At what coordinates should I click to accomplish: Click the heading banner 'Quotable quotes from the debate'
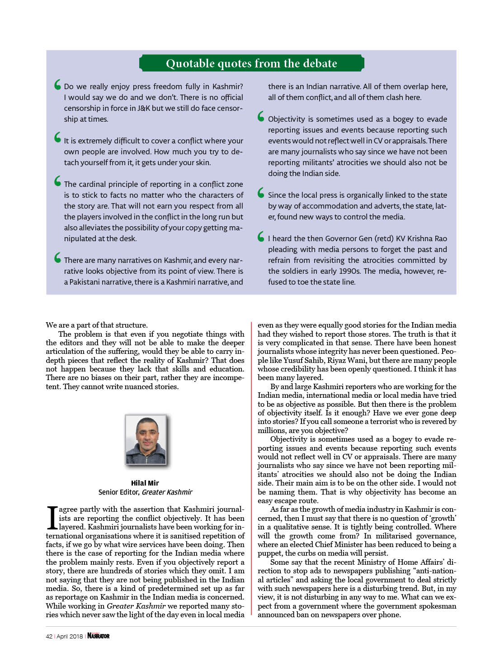(251, 63)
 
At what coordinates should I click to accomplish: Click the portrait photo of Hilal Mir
(146, 439)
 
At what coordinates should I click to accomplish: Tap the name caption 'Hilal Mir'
(145, 483)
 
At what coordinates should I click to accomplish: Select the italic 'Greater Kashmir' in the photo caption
(167, 492)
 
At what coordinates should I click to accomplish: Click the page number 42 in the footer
(49, 636)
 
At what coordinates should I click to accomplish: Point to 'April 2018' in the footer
(70, 636)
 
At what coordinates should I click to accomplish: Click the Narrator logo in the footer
(99, 636)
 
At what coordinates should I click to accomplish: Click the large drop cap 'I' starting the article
(52, 518)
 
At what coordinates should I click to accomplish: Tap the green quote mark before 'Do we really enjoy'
(57, 85)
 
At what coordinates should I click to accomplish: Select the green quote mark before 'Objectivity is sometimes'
(261, 116)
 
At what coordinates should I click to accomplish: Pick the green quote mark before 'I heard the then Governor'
(261, 236)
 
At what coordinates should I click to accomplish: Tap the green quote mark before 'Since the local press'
(261, 193)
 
